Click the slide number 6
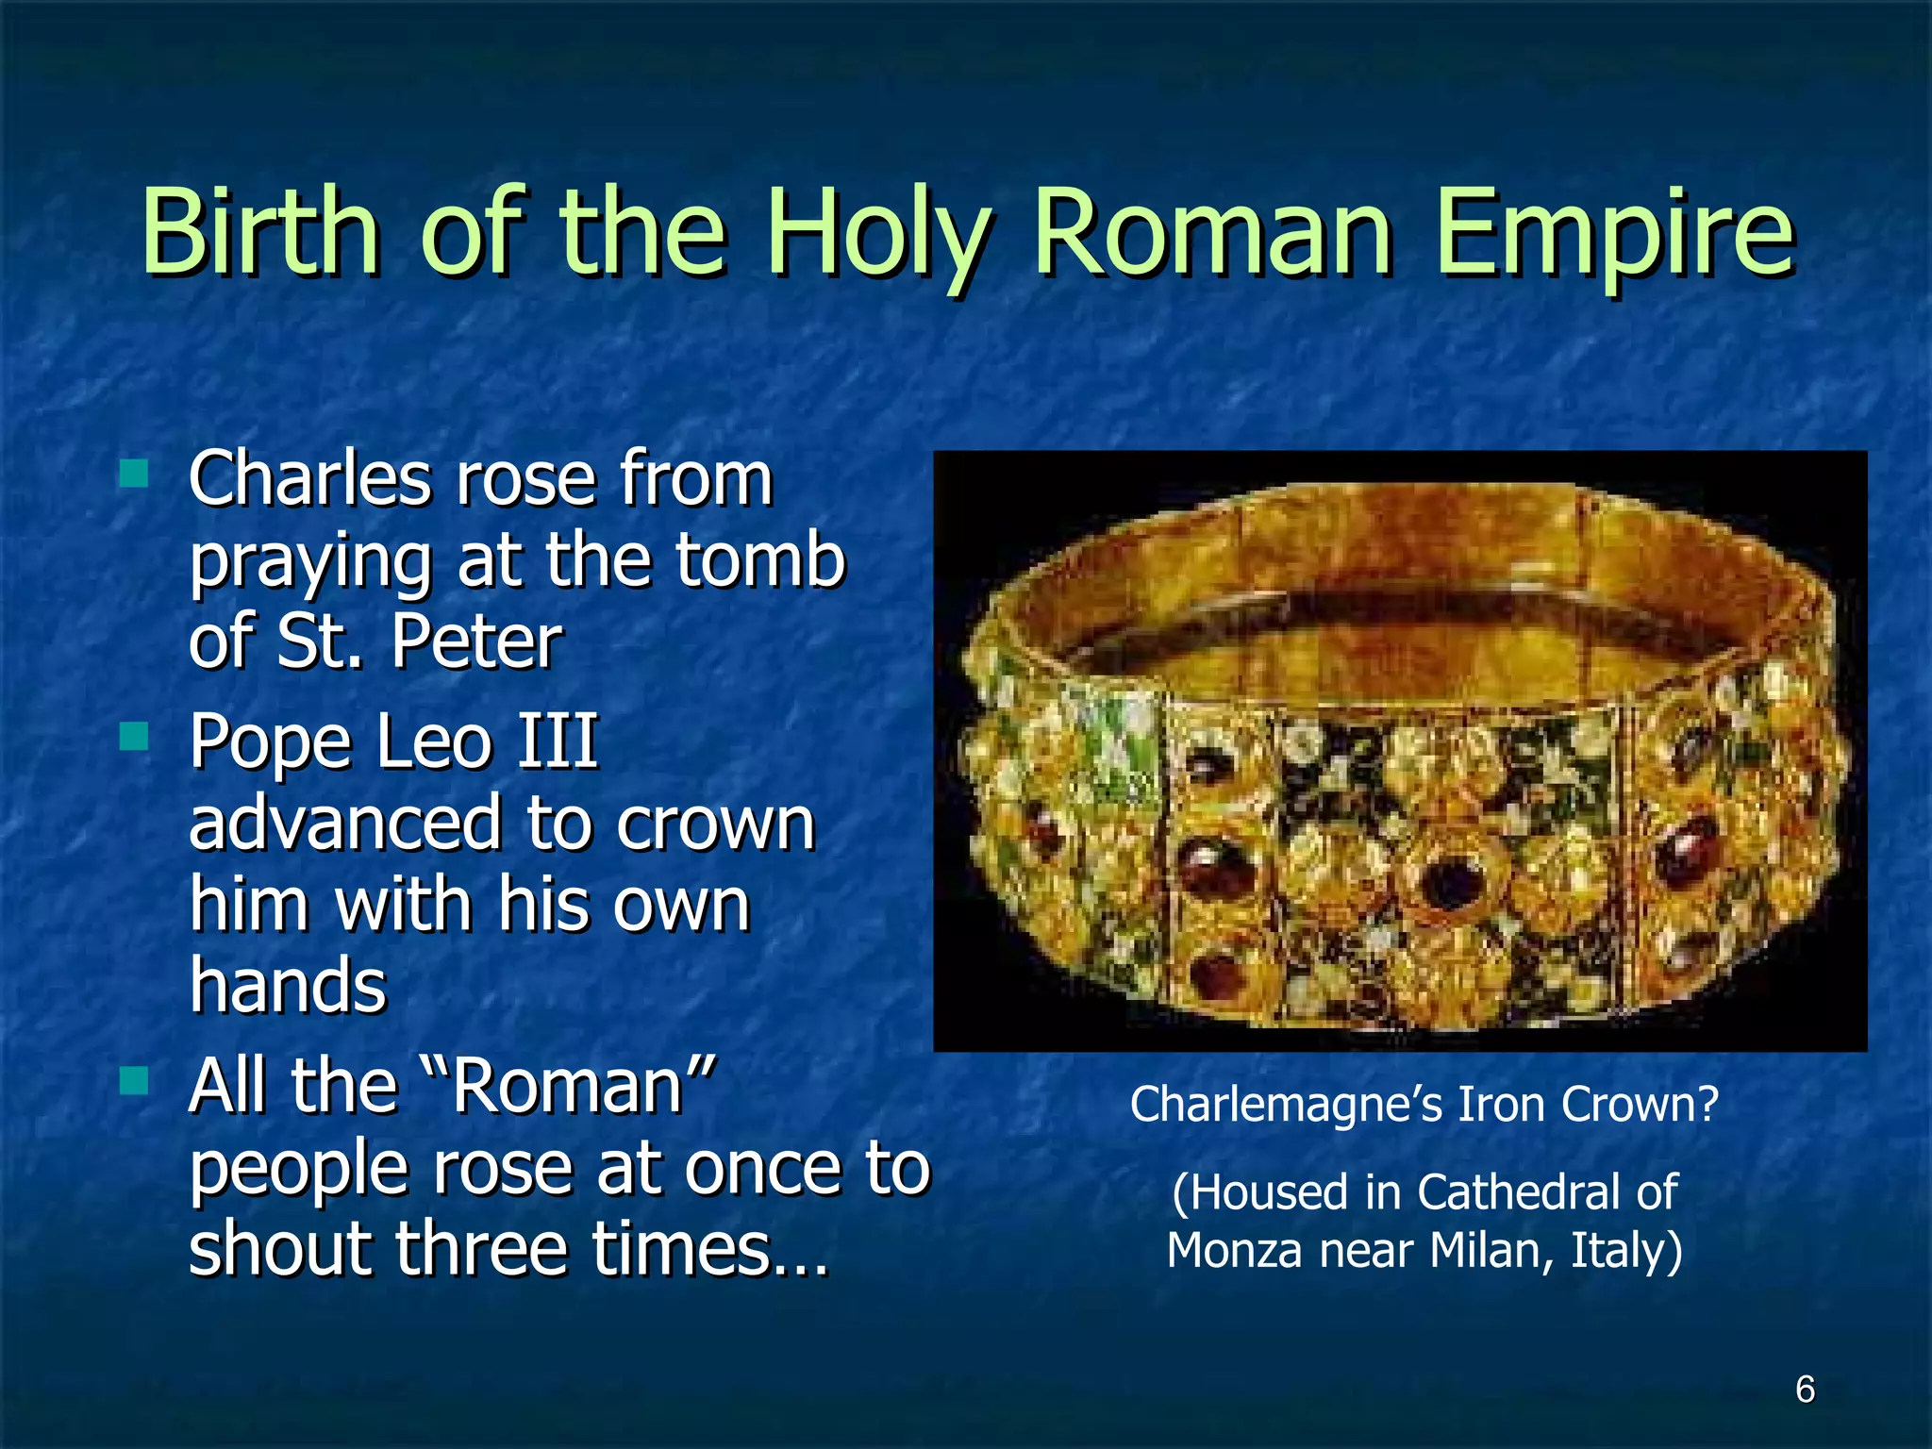tap(1805, 1390)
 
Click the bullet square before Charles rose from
tap(135, 473)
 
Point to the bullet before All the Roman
tap(135, 1080)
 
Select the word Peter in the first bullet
tap(476, 641)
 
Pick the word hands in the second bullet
tap(288, 985)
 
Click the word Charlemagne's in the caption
tap(1287, 1104)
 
